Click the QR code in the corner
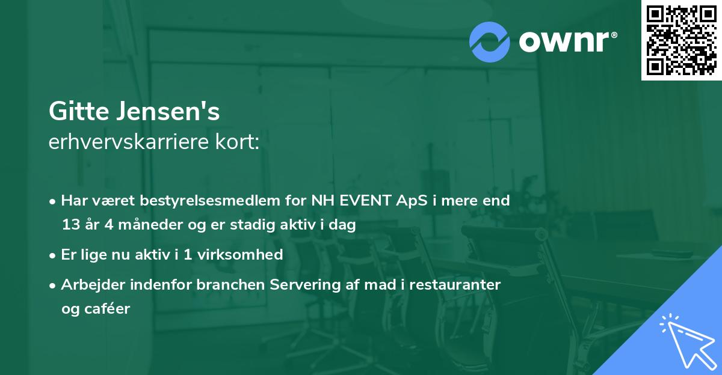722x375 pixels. coord(681,40)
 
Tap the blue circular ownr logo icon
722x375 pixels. coord(490,41)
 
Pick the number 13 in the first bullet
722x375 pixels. coord(70,225)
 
